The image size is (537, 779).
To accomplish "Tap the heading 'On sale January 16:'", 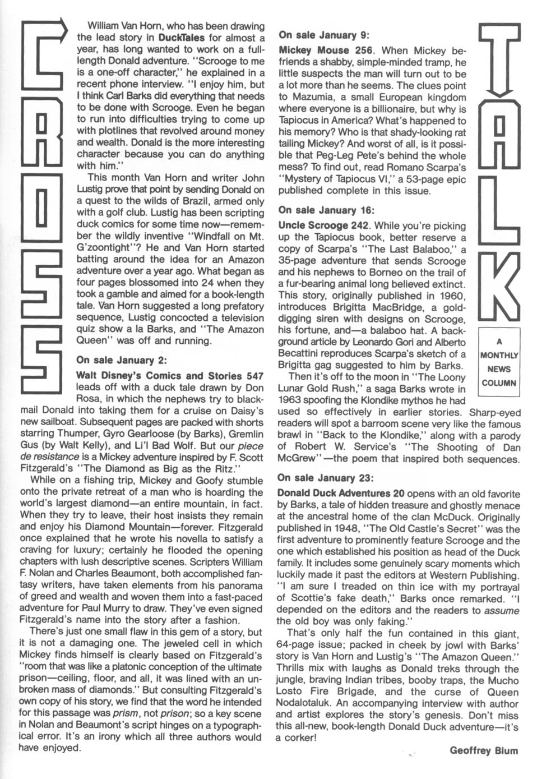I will pyautogui.click(x=326, y=210).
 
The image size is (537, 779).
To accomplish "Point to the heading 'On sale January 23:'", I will pyautogui.click(x=326, y=478).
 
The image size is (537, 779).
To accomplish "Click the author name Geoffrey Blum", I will pyautogui.click(x=484, y=751).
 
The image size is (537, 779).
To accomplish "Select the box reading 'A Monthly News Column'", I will pyautogui.click(x=499, y=362).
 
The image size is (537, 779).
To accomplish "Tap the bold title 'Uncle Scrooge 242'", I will pyautogui.click(x=324, y=226).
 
